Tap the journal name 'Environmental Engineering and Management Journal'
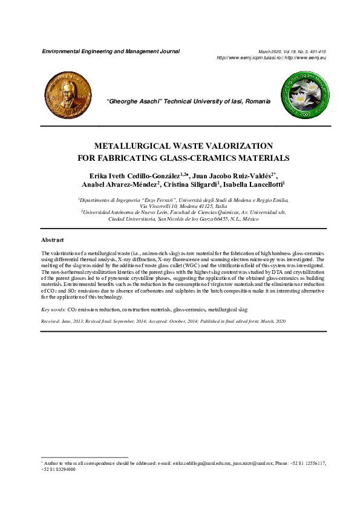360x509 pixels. (111, 52)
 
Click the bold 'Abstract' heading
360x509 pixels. (53, 241)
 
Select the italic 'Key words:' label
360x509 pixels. (53, 309)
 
